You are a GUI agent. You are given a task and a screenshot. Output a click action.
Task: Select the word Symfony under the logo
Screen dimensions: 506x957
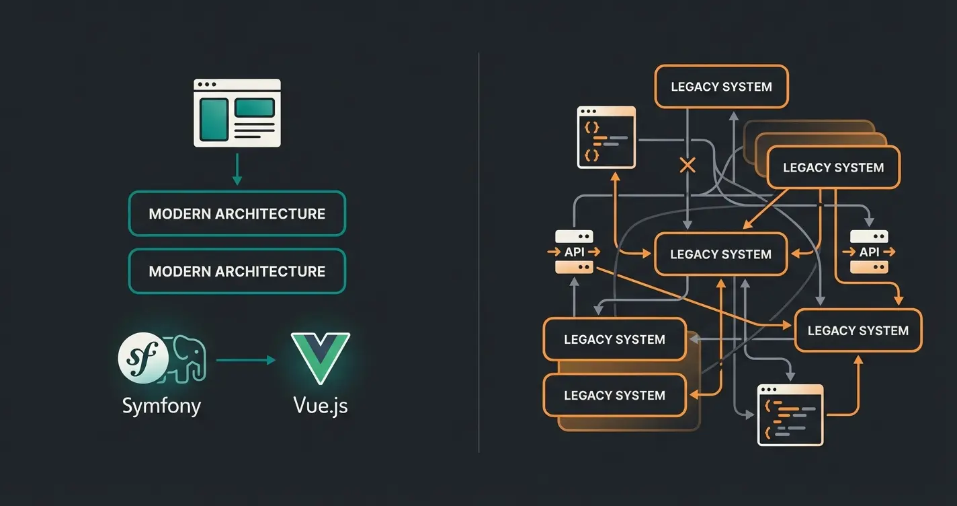point(161,406)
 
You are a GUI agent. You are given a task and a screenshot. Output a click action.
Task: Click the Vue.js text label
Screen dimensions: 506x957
point(321,406)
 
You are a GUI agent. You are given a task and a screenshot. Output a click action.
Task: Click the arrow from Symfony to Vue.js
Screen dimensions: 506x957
point(245,360)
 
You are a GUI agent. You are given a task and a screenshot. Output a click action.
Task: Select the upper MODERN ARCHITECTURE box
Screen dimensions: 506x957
point(237,214)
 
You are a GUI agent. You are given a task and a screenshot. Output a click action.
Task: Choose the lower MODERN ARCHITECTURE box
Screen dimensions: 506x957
point(237,271)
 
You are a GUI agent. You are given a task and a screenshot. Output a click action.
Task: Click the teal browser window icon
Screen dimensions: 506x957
point(237,113)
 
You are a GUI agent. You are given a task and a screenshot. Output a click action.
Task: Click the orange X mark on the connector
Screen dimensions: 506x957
point(687,165)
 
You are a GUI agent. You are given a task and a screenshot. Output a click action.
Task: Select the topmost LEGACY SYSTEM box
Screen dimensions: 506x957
point(721,87)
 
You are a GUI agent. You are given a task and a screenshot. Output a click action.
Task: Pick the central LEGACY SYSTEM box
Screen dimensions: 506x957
point(720,254)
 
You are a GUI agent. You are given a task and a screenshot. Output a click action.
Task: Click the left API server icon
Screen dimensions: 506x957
point(574,252)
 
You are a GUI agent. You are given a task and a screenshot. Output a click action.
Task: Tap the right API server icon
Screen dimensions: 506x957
point(869,252)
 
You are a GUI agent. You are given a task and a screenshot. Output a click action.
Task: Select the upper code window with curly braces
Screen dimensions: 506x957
point(606,137)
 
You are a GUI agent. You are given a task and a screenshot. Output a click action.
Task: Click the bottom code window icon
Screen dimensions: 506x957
point(790,414)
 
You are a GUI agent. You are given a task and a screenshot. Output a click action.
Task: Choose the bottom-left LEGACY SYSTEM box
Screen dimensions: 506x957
point(614,396)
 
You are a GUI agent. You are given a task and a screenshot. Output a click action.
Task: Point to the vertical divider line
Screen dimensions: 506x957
point(478,252)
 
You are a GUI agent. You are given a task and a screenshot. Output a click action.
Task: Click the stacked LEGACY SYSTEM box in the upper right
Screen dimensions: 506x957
point(833,168)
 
